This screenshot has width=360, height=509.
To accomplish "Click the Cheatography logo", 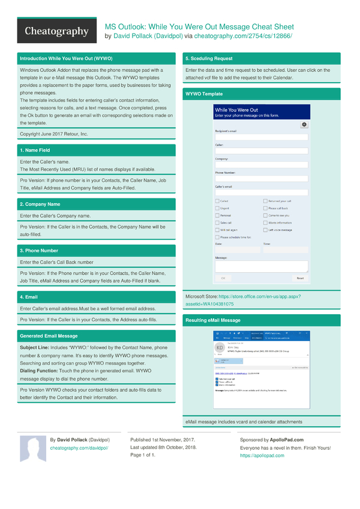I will point(56,32).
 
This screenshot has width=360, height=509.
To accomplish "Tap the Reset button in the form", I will point(300,278).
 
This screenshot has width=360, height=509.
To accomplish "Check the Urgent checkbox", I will point(217,208).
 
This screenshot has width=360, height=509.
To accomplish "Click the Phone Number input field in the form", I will point(261,179).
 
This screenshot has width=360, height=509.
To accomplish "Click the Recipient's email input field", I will point(261,137).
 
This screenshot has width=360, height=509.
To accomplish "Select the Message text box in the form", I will point(261,266).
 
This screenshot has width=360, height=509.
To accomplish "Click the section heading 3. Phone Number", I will point(39,251).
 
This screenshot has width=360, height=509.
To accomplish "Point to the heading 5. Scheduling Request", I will point(209,59).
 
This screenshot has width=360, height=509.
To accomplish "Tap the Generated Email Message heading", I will point(48,336).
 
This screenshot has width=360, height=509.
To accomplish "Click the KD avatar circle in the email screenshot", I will point(220,348).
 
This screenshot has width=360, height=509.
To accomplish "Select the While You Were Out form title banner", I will point(261,112).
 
